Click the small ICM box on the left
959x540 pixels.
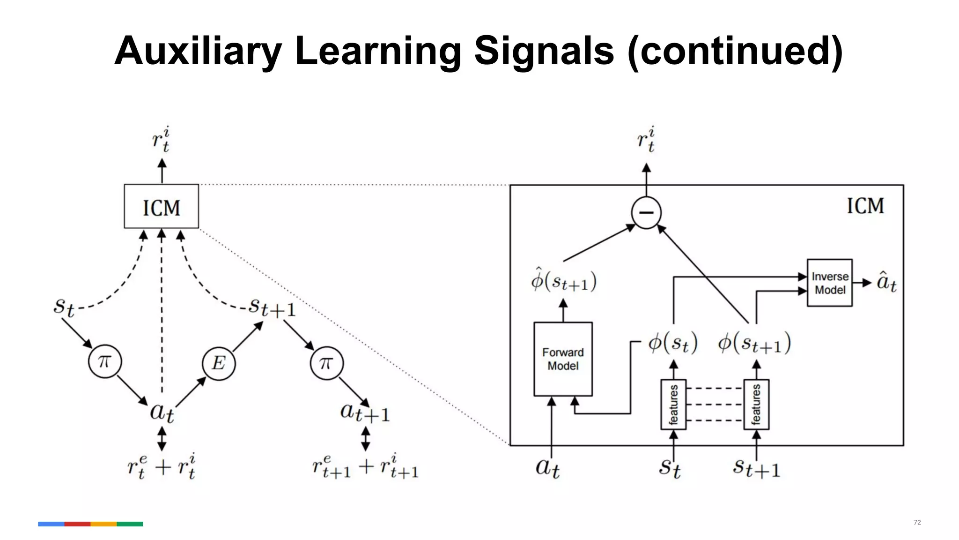[x=161, y=207]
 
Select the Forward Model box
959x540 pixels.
[x=563, y=359]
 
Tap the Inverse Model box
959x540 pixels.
[x=829, y=283]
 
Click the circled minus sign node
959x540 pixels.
[x=646, y=213]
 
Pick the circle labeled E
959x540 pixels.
[x=219, y=363]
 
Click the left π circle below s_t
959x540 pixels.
[x=105, y=361]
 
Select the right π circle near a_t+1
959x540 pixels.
[x=326, y=363]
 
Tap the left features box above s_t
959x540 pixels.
[x=673, y=405]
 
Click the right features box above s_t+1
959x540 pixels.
[x=756, y=405]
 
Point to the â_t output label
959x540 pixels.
[x=886, y=283]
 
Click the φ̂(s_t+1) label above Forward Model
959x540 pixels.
[x=563, y=281]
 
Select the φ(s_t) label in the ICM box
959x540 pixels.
[x=673, y=343]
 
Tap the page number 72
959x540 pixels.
[x=917, y=522]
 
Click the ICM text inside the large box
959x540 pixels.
[x=865, y=206]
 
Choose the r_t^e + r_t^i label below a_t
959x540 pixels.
[x=162, y=467]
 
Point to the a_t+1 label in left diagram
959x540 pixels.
[x=365, y=412]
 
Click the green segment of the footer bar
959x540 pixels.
[x=130, y=524]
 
